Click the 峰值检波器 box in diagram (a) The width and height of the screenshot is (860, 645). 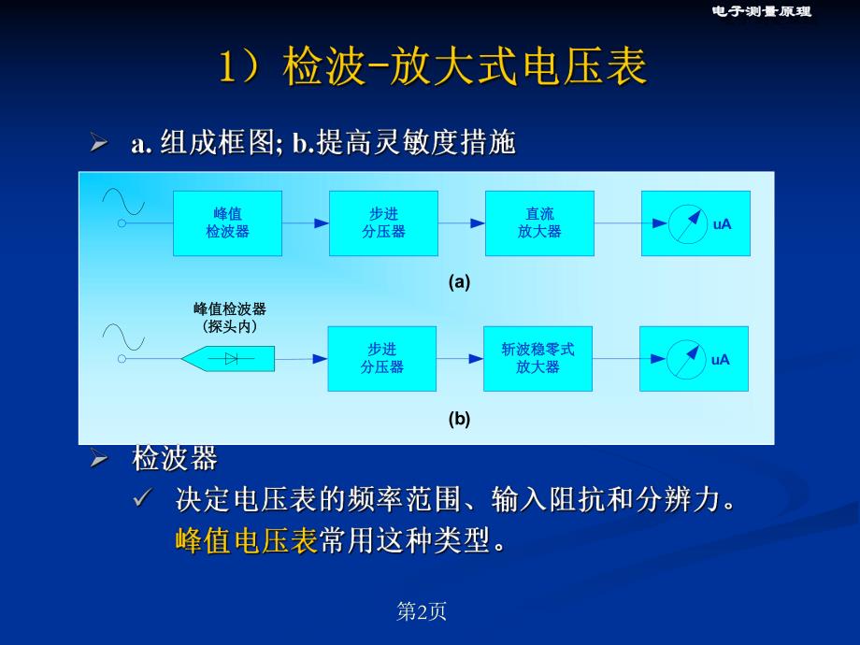point(227,223)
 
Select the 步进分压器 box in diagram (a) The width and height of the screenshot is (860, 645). point(383,223)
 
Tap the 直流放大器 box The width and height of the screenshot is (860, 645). point(539,223)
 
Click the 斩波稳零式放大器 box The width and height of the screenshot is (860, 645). point(537,358)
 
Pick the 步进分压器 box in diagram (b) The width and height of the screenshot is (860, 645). point(381,358)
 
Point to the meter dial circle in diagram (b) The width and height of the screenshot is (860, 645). point(686,359)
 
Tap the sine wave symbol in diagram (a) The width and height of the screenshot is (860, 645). point(123,201)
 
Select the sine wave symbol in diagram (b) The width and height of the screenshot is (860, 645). point(123,337)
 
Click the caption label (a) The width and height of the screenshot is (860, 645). point(459,281)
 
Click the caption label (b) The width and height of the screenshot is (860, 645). point(459,419)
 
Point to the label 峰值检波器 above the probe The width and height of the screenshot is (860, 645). point(229,309)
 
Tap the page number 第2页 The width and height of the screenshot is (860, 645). point(422,611)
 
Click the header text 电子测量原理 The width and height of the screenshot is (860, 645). point(761,11)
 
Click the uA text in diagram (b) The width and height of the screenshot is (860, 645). point(720,360)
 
